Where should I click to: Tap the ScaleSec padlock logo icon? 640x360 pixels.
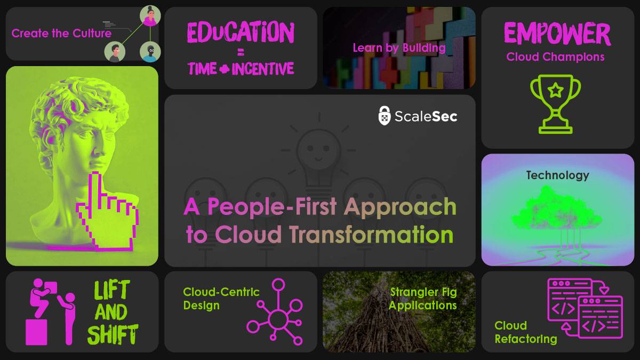[385, 115]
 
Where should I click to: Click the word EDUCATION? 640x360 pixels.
[241, 33]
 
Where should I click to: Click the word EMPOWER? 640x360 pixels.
[557, 34]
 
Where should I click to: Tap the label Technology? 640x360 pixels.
[557, 175]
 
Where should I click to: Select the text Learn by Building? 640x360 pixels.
[399, 47]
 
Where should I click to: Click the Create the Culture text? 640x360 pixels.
[61, 33]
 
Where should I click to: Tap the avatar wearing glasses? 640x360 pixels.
[149, 52]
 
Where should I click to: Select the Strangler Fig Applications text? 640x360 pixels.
[423, 299]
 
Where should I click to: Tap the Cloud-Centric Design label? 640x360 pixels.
[221, 299]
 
